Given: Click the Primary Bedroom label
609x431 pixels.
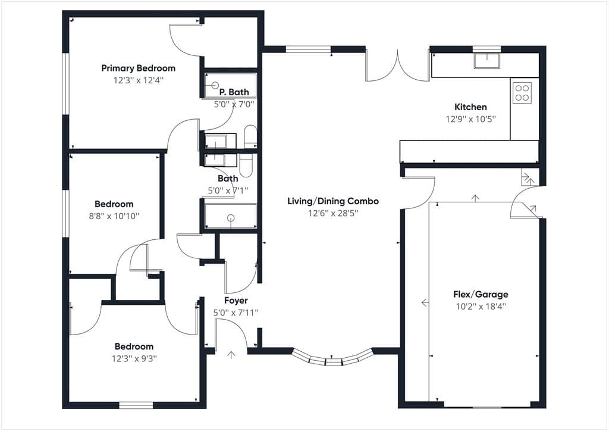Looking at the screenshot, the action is pos(138,68).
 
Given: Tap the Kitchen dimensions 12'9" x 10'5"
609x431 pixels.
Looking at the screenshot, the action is pos(471,119).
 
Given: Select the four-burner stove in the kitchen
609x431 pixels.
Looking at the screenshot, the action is pos(522,92).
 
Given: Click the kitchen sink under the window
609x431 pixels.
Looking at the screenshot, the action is pos(486,61).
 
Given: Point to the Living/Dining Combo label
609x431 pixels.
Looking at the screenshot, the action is pos(333,201).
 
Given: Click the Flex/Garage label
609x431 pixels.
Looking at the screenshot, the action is pos(481,294).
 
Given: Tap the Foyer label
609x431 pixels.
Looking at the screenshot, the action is pos(236,301).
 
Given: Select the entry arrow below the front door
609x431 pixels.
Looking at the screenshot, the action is pos(231,354).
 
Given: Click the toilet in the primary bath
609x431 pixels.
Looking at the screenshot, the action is pos(250,136).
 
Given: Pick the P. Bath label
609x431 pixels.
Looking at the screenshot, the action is pos(234,92).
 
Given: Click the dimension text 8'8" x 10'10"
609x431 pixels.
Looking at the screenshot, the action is pos(114,216).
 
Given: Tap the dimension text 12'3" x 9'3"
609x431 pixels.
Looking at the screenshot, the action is pos(134,358).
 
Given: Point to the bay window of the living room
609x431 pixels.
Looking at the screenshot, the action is pos(332,358).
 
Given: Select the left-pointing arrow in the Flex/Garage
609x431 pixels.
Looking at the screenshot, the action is pos(425,302).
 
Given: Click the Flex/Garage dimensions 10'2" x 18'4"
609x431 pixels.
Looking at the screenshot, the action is pos(481,306).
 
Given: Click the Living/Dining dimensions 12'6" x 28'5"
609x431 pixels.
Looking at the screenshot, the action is pos(333,213).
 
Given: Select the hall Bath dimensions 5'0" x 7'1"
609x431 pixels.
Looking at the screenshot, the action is pos(228,190).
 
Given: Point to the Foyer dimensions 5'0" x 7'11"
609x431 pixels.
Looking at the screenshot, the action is pos(236,313).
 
